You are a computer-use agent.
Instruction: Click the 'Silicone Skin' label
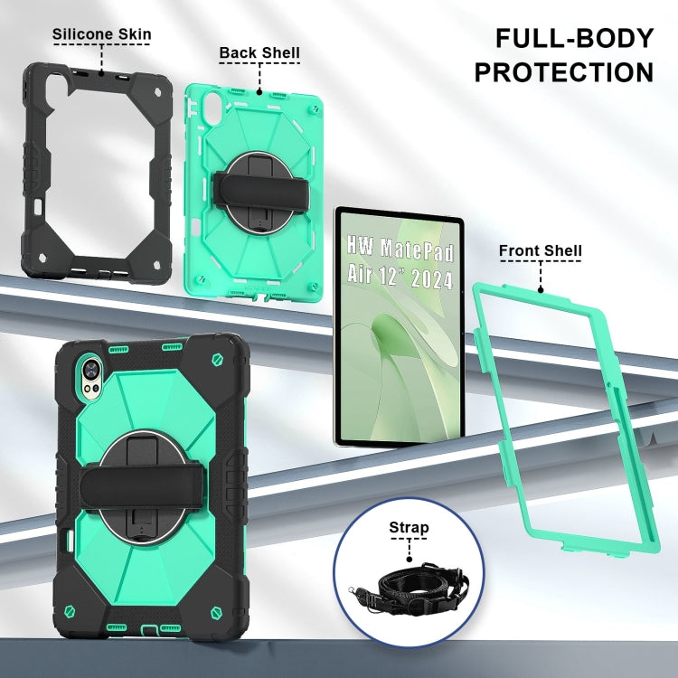(101, 35)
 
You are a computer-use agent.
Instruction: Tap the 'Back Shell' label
(259, 53)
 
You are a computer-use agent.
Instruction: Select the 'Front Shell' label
(541, 250)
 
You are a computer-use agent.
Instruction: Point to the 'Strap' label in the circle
(409, 527)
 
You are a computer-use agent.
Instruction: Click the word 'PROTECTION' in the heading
(563, 71)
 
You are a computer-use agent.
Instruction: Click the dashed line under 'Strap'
(409, 549)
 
